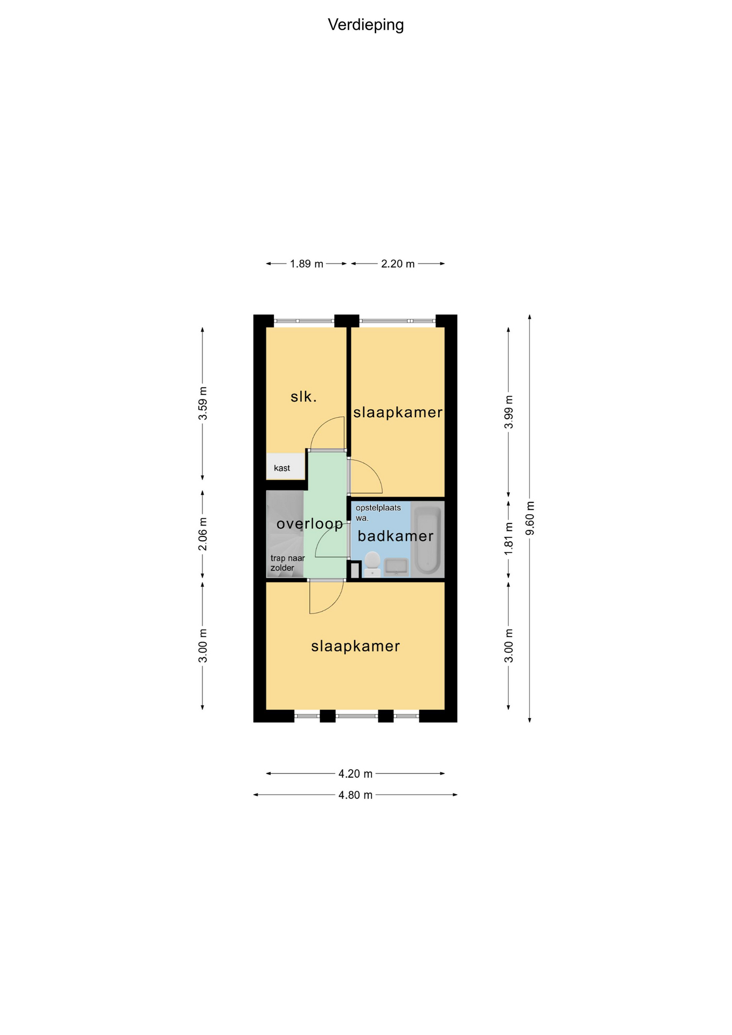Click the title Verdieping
tap(365, 25)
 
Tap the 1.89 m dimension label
tap(307, 264)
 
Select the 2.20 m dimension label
tap(398, 264)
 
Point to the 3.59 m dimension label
tap(203, 404)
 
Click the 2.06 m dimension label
tap(203, 534)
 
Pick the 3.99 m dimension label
tap(509, 412)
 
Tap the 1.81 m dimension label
tap(509, 539)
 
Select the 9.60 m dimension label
tap(530, 519)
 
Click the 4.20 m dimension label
tap(355, 774)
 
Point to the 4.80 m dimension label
tap(355, 795)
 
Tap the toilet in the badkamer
tap(372, 564)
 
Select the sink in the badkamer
tap(396, 568)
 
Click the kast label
tap(282, 468)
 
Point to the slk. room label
tap(303, 397)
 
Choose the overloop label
tap(310, 525)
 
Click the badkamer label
tap(396, 536)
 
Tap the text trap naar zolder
tap(288, 563)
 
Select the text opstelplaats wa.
tap(378, 513)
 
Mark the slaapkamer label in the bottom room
tap(356, 646)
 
